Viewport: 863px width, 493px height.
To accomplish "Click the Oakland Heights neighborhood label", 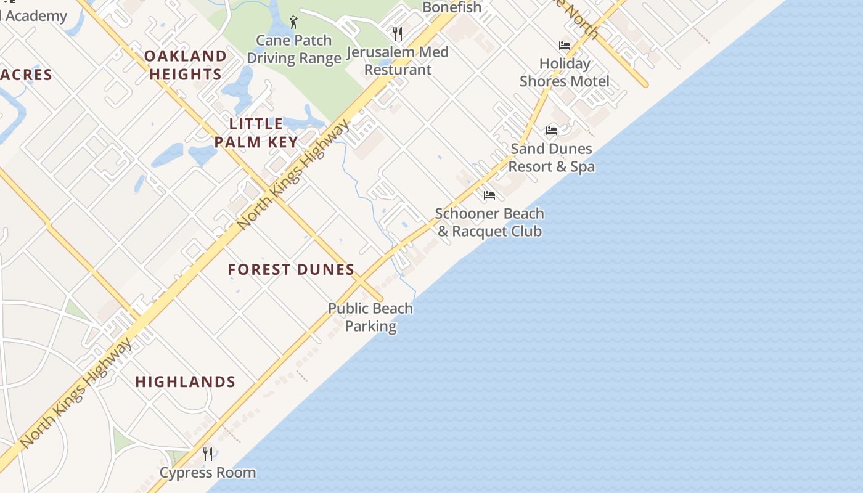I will coord(186,65).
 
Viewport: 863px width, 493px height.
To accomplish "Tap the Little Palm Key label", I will coord(256,132).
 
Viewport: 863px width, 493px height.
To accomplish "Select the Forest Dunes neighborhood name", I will coord(291,269).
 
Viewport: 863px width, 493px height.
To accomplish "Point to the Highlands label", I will coord(185,381).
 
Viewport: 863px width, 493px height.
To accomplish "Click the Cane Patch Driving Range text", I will coord(294,49).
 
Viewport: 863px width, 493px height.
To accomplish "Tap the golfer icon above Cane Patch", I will coord(293,23).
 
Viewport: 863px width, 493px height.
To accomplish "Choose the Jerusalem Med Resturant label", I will coord(398,60).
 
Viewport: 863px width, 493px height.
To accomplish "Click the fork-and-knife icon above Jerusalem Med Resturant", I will coord(398,33).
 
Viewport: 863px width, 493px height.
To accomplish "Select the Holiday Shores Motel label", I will coord(564,72).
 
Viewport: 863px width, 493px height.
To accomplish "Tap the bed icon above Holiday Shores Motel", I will coord(564,46).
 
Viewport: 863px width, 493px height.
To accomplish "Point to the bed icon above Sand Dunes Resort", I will coord(551,131).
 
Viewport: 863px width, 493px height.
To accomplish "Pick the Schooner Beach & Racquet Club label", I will coord(489,222).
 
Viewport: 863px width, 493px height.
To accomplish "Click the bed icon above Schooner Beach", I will coord(489,195).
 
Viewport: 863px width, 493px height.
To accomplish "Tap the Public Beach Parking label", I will coord(370,317).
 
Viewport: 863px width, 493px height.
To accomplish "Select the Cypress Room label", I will coord(208,473).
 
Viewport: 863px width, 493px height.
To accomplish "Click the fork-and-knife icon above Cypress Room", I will coord(208,454).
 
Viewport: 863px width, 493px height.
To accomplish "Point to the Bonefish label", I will coord(452,7).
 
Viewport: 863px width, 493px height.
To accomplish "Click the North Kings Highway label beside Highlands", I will coord(76,393).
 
